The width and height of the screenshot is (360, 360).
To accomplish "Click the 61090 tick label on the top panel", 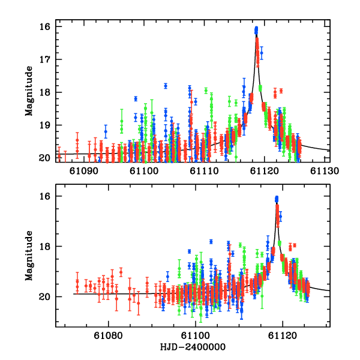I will click(85, 171).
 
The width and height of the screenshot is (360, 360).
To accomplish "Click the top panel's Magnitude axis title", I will click(28, 92).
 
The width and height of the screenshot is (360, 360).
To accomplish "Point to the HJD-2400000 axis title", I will click(193, 347).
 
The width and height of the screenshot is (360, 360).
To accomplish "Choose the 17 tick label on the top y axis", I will click(44, 59).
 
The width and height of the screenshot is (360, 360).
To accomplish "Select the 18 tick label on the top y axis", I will click(44, 92).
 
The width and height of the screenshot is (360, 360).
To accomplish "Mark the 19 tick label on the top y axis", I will click(44, 125).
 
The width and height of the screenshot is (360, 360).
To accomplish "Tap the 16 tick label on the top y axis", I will click(44, 27).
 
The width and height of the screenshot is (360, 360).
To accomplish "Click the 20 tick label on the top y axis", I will click(44, 158).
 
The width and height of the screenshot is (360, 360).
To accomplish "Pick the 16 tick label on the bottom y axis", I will click(44, 196).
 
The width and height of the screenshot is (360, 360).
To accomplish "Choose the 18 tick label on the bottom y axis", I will click(44, 247).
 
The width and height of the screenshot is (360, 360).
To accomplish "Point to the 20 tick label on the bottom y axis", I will click(44, 296).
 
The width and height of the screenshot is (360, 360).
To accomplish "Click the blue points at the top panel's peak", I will click(256, 30).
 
